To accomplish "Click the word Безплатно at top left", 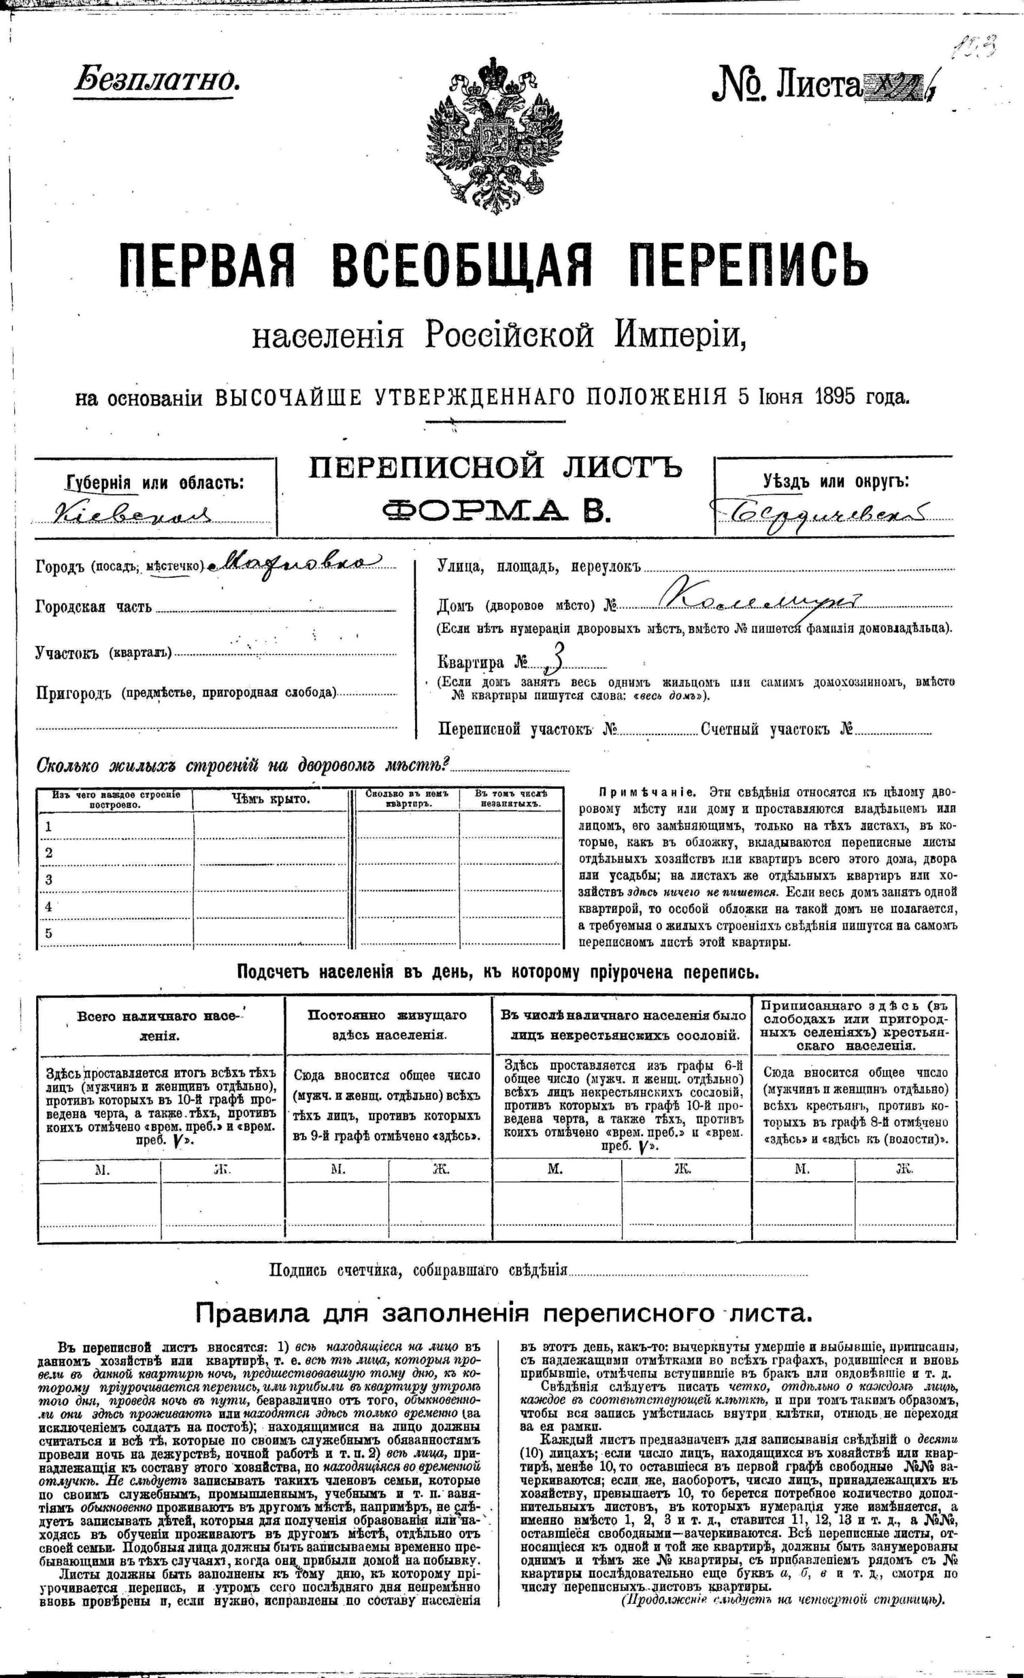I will (x=157, y=81).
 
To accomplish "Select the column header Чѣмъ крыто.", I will (x=270, y=798).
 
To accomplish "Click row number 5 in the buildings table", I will (x=48, y=933).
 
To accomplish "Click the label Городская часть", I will (x=94, y=607).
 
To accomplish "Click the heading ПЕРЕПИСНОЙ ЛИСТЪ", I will (x=495, y=468).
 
